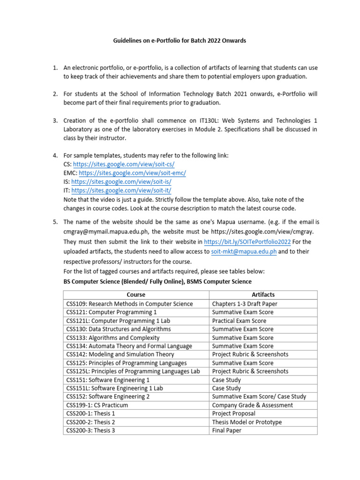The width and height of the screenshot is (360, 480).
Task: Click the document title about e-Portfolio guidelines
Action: coord(180,41)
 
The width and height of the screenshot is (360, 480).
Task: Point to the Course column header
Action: coord(136,295)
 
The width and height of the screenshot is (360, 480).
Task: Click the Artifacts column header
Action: coord(263,295)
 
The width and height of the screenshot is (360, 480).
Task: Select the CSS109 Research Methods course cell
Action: coord(130,304)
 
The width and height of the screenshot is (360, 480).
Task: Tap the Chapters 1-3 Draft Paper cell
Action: coord(244,304)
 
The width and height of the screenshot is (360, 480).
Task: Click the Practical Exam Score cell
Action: coord(239,321)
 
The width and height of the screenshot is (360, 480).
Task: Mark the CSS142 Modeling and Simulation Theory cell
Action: coord(120,354)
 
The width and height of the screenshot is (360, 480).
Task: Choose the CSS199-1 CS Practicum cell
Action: coord(97,405)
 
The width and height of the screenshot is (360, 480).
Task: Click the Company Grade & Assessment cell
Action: coord(252,405)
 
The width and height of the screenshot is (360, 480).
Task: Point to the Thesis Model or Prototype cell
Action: coord(247,422)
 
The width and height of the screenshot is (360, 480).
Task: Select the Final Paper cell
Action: coord(227,430)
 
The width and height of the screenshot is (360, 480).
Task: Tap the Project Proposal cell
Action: coord(233,413)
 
